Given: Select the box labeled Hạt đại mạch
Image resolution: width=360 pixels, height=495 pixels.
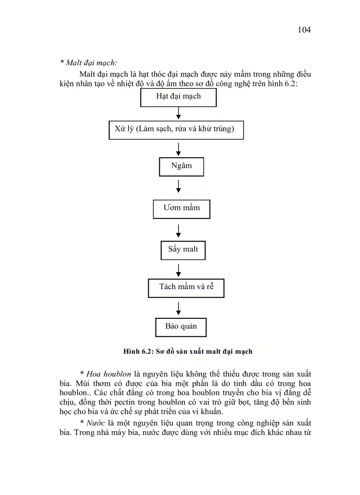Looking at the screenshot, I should click(178, 97).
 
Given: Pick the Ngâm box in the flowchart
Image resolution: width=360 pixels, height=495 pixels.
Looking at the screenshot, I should click(181, 167).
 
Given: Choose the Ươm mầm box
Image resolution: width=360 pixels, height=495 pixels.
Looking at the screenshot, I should click(181, 208).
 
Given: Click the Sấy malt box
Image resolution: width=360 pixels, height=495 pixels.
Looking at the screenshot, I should click(183, 250).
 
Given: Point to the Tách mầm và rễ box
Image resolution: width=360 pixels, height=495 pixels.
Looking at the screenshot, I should click(186, 287).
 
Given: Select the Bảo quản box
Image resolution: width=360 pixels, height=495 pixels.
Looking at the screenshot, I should click(181, 327).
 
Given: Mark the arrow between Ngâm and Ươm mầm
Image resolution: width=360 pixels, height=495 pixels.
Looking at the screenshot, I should click(178, 186).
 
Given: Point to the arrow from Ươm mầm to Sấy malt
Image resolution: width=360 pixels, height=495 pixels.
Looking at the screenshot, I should click(178, 230).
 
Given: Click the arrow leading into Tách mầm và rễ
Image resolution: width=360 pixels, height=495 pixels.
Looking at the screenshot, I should click(178, 269).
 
